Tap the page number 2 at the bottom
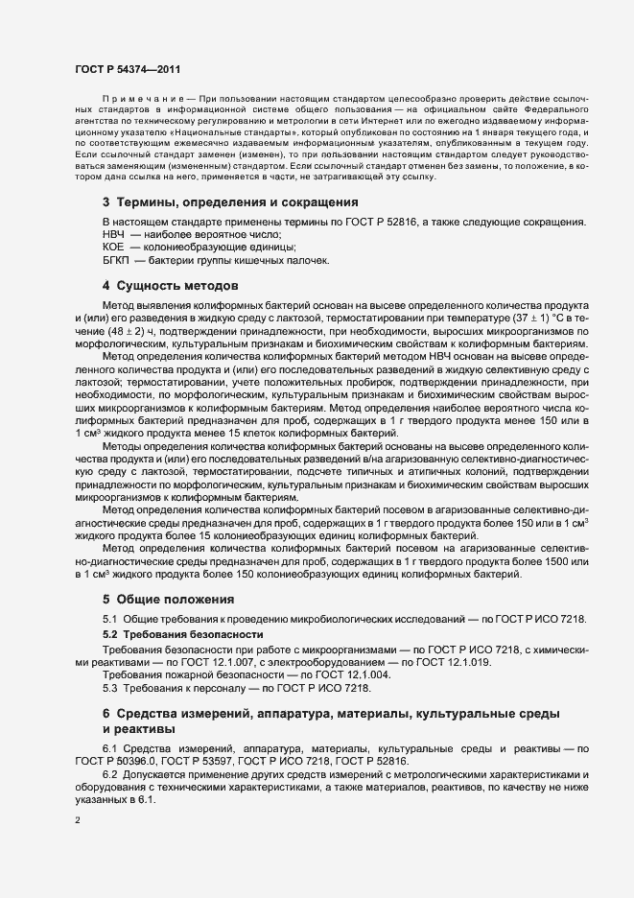(x=78, y=819)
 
